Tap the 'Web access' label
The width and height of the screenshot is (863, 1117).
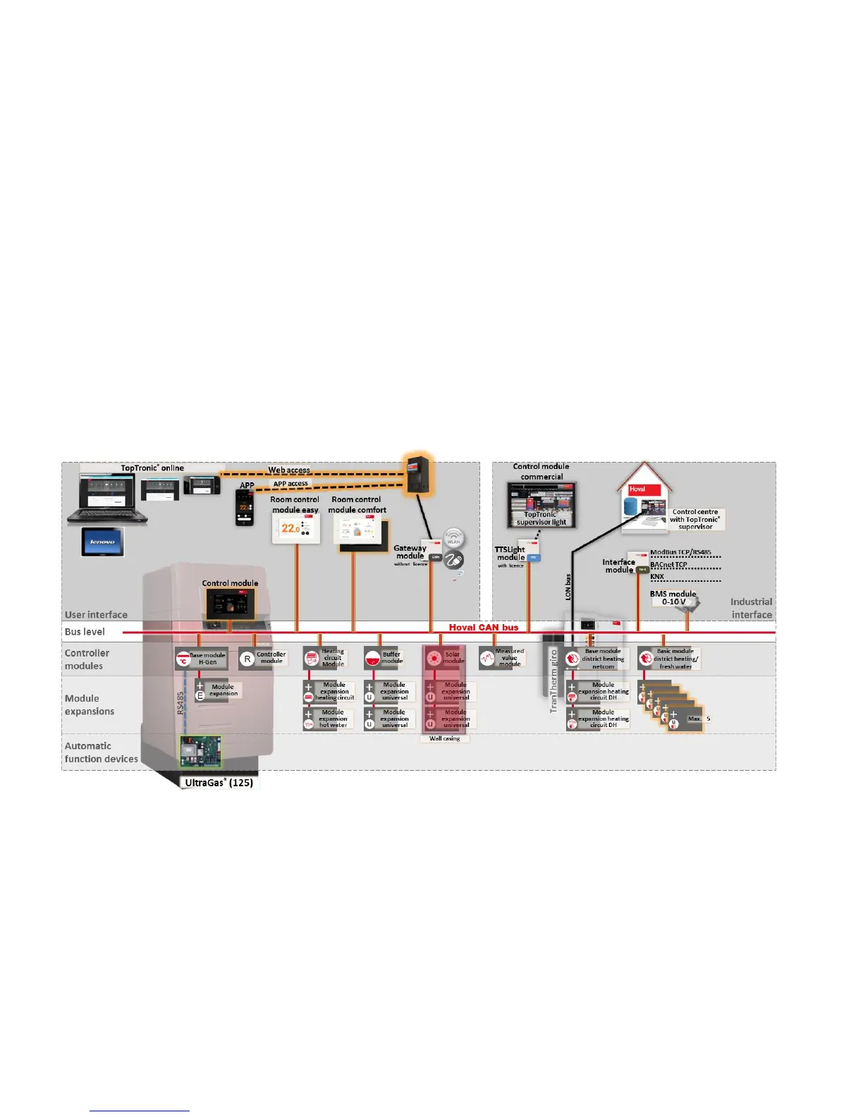tap(289, 470)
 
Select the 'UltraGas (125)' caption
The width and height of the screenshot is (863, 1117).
tap(219, 783)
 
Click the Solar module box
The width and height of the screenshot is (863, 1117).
tap(443, 658)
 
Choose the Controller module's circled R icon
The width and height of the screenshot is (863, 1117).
tap(247, 659)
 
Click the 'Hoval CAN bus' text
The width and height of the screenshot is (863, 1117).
tap(484, 627)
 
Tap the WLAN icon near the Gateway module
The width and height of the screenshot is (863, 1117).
tap(453, 538)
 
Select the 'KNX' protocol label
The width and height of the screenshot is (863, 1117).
tap(657, 577)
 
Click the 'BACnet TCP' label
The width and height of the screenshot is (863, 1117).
tap(668, 565)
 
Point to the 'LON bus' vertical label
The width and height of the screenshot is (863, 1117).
tap(568, 587)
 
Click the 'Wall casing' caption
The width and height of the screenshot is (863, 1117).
tap(445, 738)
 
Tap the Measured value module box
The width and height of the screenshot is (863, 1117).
tap(501, 658)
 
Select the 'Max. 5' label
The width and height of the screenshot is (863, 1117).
tap(699, 719)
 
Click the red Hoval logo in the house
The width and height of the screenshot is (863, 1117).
tap(637, 489)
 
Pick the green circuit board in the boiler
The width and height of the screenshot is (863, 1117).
tap(200, 751)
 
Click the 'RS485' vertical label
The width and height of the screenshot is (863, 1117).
tap(180, 703)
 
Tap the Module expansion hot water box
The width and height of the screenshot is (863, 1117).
tap(329, 719)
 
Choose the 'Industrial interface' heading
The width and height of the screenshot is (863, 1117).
tap(752, 608)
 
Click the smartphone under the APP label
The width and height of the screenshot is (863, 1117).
tap(244, 508)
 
